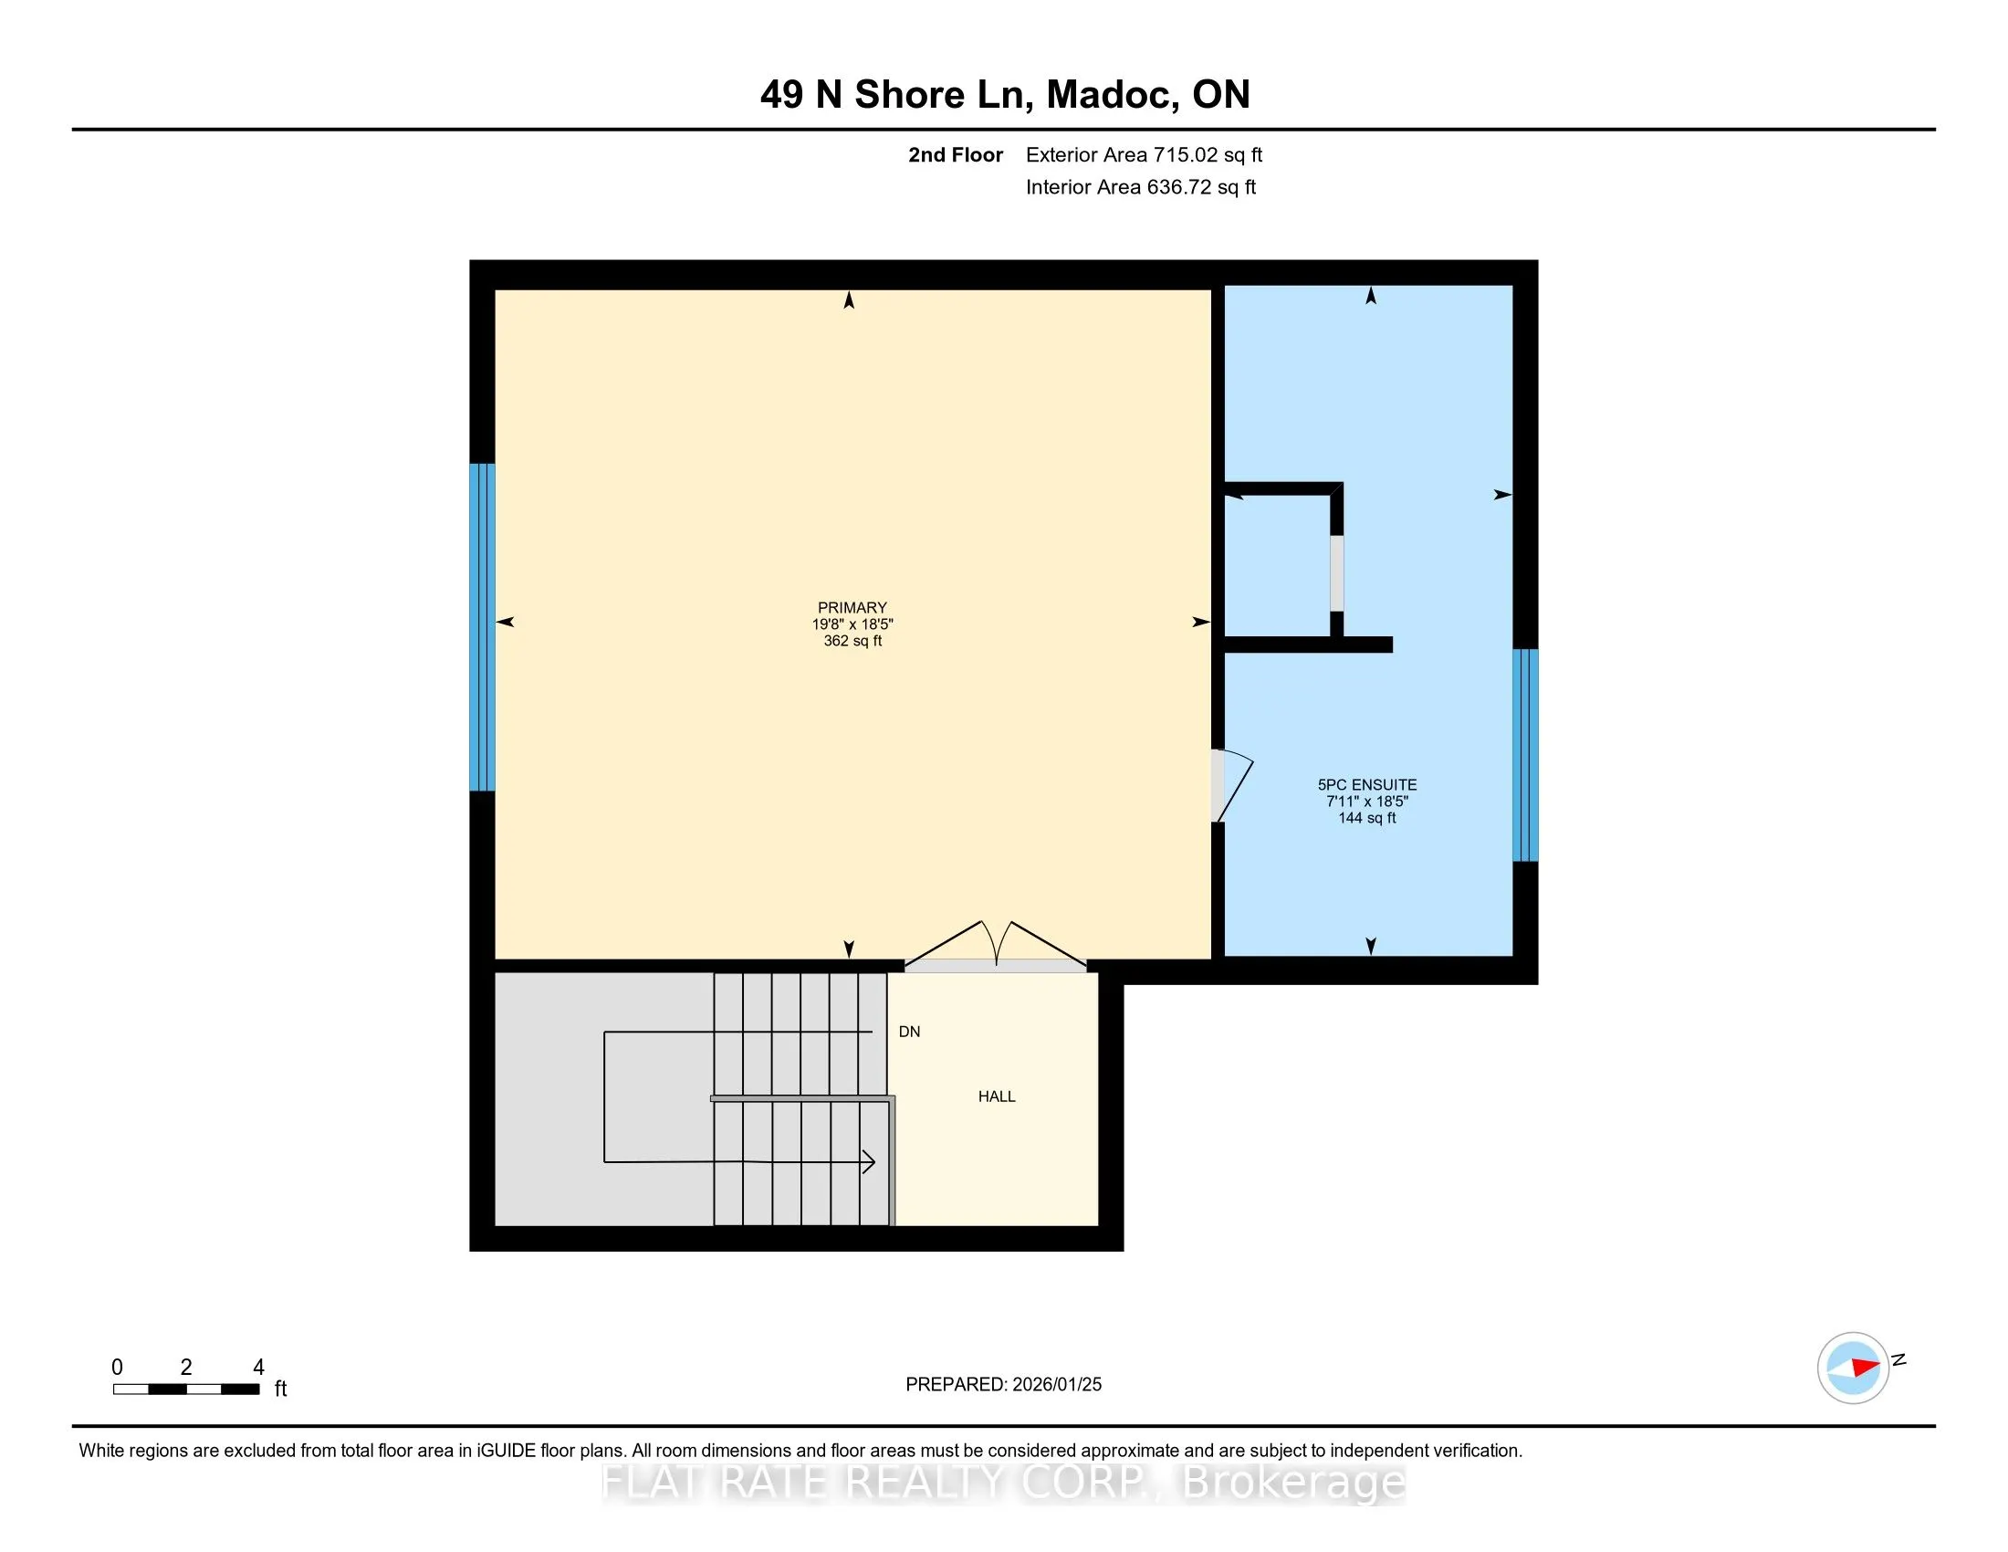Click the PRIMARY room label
[852, 608]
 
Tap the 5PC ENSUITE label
[1367, 785]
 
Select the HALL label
[997, 1096]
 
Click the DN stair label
[909, 1032]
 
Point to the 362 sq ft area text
[852, 641]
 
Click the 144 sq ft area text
[1367, 818]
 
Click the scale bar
[185, 1389]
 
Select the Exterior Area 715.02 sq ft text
[1144, 155]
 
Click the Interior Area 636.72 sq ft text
[1141, 187]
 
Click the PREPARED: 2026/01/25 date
[1003, 1385]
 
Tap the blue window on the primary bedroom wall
[482, 627]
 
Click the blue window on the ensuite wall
[1525, 755]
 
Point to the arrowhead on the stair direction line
[868, 1162]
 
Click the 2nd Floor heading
[956, 155]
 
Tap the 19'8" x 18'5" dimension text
[852, 624]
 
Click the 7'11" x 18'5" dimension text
[1367, 802]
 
